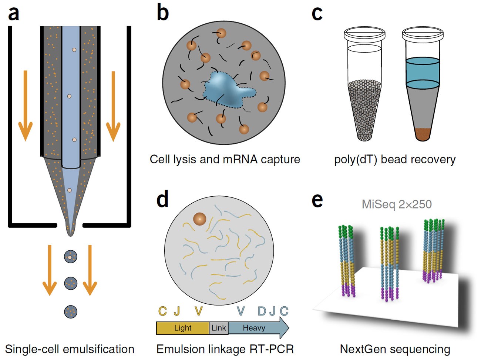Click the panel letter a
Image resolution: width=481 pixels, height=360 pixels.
[x=13, y=13]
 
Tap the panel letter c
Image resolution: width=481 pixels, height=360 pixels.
[x=317, y=13]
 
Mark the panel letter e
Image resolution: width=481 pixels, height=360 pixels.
[x=317, y=200]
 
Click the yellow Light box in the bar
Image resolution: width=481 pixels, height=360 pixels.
[x=182, y=328]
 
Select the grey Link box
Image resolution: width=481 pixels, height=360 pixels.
[x=219, y=328]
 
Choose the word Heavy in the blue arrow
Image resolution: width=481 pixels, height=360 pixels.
[x=254, y=328]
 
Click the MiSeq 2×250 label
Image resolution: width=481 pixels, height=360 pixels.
[x=397, y=204]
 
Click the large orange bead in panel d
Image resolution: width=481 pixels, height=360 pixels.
[x=200, y=219]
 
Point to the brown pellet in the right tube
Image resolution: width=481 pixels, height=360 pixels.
[x=422, y=134]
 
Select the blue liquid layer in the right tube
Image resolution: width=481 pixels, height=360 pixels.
[x=423, y=72]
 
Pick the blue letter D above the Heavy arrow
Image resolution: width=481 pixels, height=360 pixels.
[x=262, y=311]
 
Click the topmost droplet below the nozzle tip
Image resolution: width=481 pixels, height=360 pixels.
[x=70, y=256]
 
